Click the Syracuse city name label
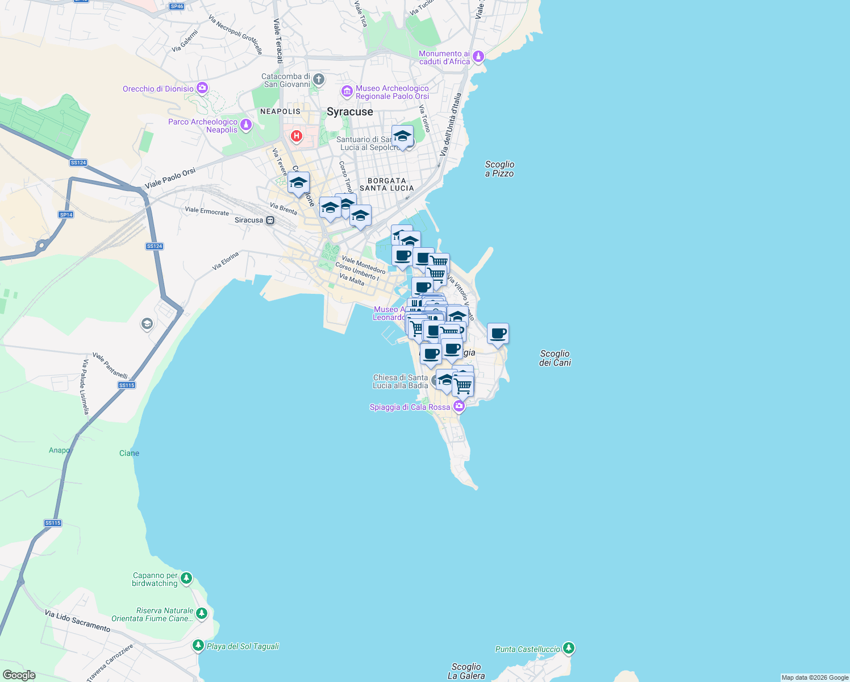pyautogui.click(x=349, y=112)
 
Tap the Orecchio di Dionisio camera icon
pyautogui.click(x=202, y=88)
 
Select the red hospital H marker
pyautogui.click(x=296, y=136)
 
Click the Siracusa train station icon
pyautogui.click(x=270, y=221)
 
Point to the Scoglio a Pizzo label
pyautogui.click(x=499, y=169)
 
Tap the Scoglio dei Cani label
pyautogui.click(x=555, y=358)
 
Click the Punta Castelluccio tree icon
pyautogui.click(x=569, y=648)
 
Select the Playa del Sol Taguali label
pyautogui.click(x=243, y=646)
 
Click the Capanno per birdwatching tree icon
pyautogui.click(x=186, y=579)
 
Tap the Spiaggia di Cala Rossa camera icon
pyautogui.click(x=459, y=406)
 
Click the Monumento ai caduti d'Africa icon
pyautogui.click(x=478, y=56)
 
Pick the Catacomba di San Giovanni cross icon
pyautogui.click(x=318, y=80)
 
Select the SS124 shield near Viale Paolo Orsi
pyautogui.click(x=78, y=163)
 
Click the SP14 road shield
pyautogui.click(x=66, y=215)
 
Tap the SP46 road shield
pyautogui.click(x=177, y=7)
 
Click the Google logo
pyautogui.click(x=19, y=675)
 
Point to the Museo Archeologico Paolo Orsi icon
pyautogui.click(x=347, y=92)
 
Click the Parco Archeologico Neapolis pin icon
pyautogui.click(x=246, y=125)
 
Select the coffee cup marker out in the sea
pyautogui.click(x=498, y=334)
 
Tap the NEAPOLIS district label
pyautogui.click(x=280, y=111)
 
